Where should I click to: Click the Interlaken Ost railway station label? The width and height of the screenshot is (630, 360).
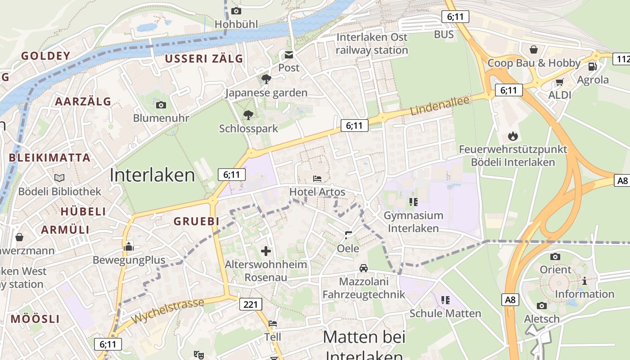(372, 44)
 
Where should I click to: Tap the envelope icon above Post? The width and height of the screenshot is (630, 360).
(288, 55)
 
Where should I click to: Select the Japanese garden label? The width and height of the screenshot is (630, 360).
(266, 93)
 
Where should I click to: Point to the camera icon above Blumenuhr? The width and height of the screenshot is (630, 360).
(161, 105)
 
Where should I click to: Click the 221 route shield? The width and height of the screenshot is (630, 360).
(250, 304)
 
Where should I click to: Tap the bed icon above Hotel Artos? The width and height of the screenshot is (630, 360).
(317, 179)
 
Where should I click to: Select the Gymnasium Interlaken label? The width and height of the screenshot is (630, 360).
(413, 222)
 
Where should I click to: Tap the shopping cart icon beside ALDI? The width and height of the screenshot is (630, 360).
(559, 82)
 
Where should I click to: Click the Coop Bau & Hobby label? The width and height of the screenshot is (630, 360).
(534, 63)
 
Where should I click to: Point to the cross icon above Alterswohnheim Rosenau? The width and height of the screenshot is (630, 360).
(266, 251)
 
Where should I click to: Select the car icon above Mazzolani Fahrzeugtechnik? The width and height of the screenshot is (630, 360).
(364, 268)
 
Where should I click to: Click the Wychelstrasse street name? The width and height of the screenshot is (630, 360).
(168, 310)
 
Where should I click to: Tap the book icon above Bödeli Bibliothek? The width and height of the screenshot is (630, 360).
(59, 178)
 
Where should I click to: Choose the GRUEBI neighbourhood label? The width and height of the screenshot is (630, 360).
(196, 221)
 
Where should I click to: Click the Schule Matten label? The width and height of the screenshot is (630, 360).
(445, 313)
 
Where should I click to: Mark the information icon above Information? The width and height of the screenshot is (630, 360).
(584, 281)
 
